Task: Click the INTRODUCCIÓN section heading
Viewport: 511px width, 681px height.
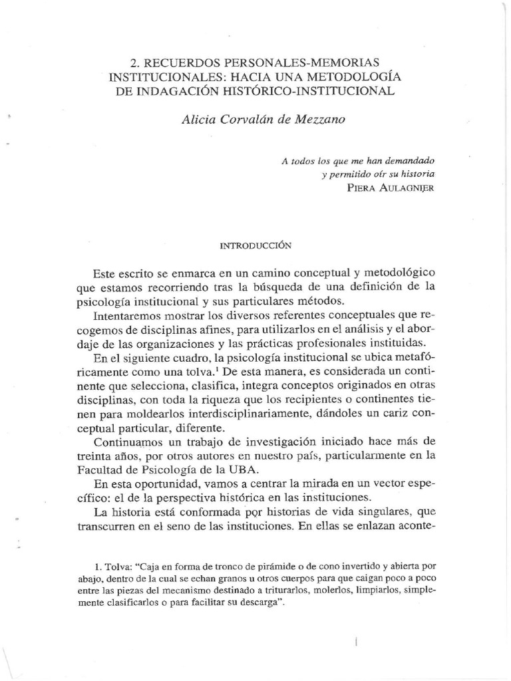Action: pyautogui.click(x=256, y=245)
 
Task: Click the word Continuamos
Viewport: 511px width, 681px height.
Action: pyautogui.click(x=134, y=443)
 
